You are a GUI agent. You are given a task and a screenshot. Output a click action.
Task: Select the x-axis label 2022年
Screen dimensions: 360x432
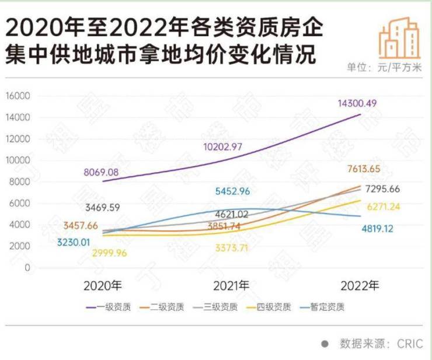pos(360,286)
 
